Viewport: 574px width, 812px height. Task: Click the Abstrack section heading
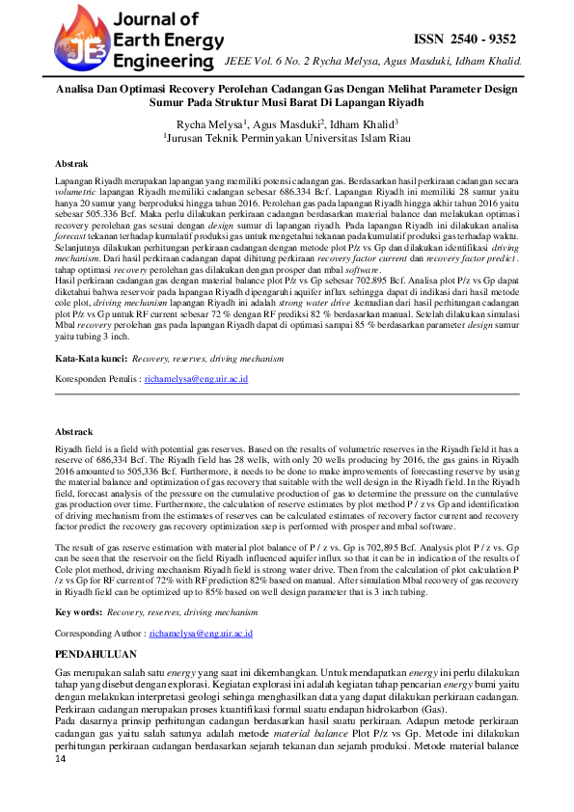pos(74,432)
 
